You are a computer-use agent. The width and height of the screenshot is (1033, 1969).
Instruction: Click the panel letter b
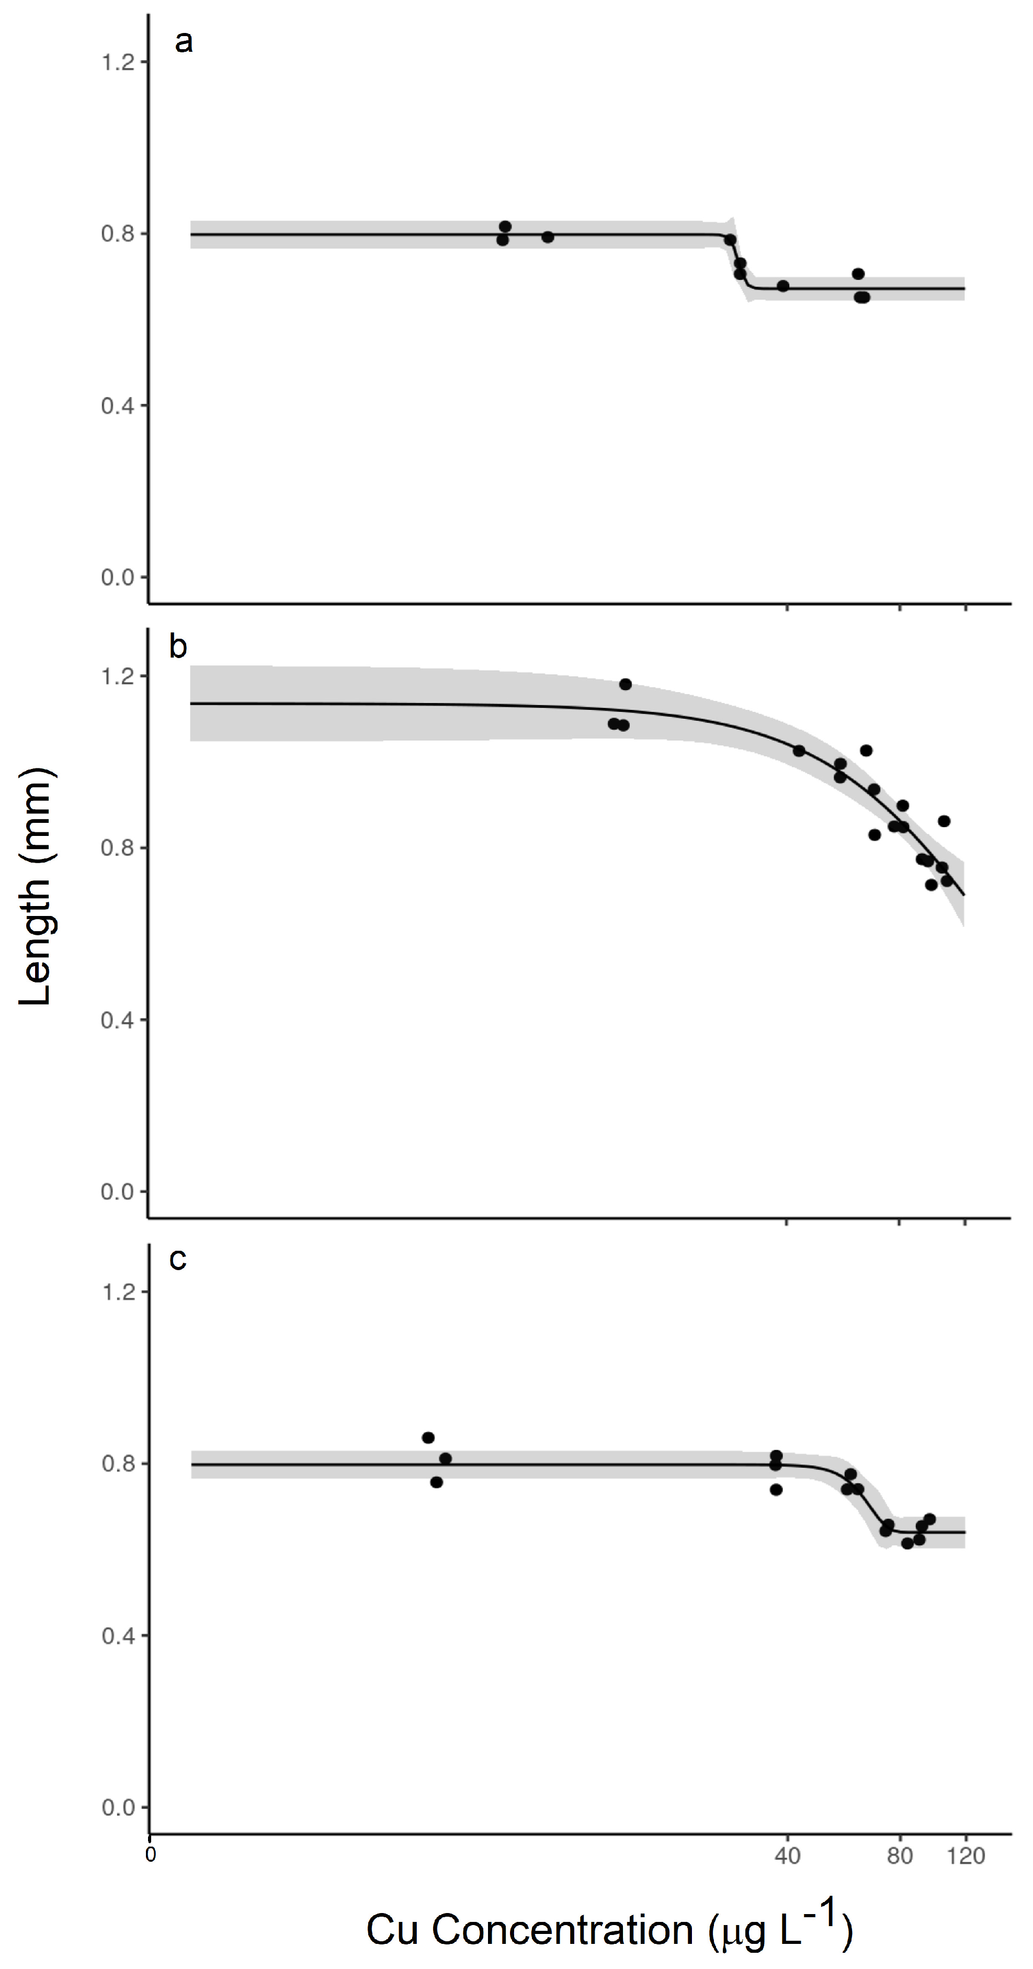178,647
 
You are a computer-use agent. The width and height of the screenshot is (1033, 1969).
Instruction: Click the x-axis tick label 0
151,1855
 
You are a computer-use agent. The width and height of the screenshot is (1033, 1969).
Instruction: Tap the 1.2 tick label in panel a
118,62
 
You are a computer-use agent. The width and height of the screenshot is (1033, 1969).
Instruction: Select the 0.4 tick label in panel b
118,1020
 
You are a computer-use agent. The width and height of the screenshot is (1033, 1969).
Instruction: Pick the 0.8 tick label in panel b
118,847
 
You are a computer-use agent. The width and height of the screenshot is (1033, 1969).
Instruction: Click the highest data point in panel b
625,684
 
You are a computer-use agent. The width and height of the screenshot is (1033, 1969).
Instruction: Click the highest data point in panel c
428,1438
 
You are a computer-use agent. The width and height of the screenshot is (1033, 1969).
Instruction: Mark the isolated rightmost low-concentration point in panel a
547,237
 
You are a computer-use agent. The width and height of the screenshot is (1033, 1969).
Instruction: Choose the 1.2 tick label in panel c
118,1292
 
